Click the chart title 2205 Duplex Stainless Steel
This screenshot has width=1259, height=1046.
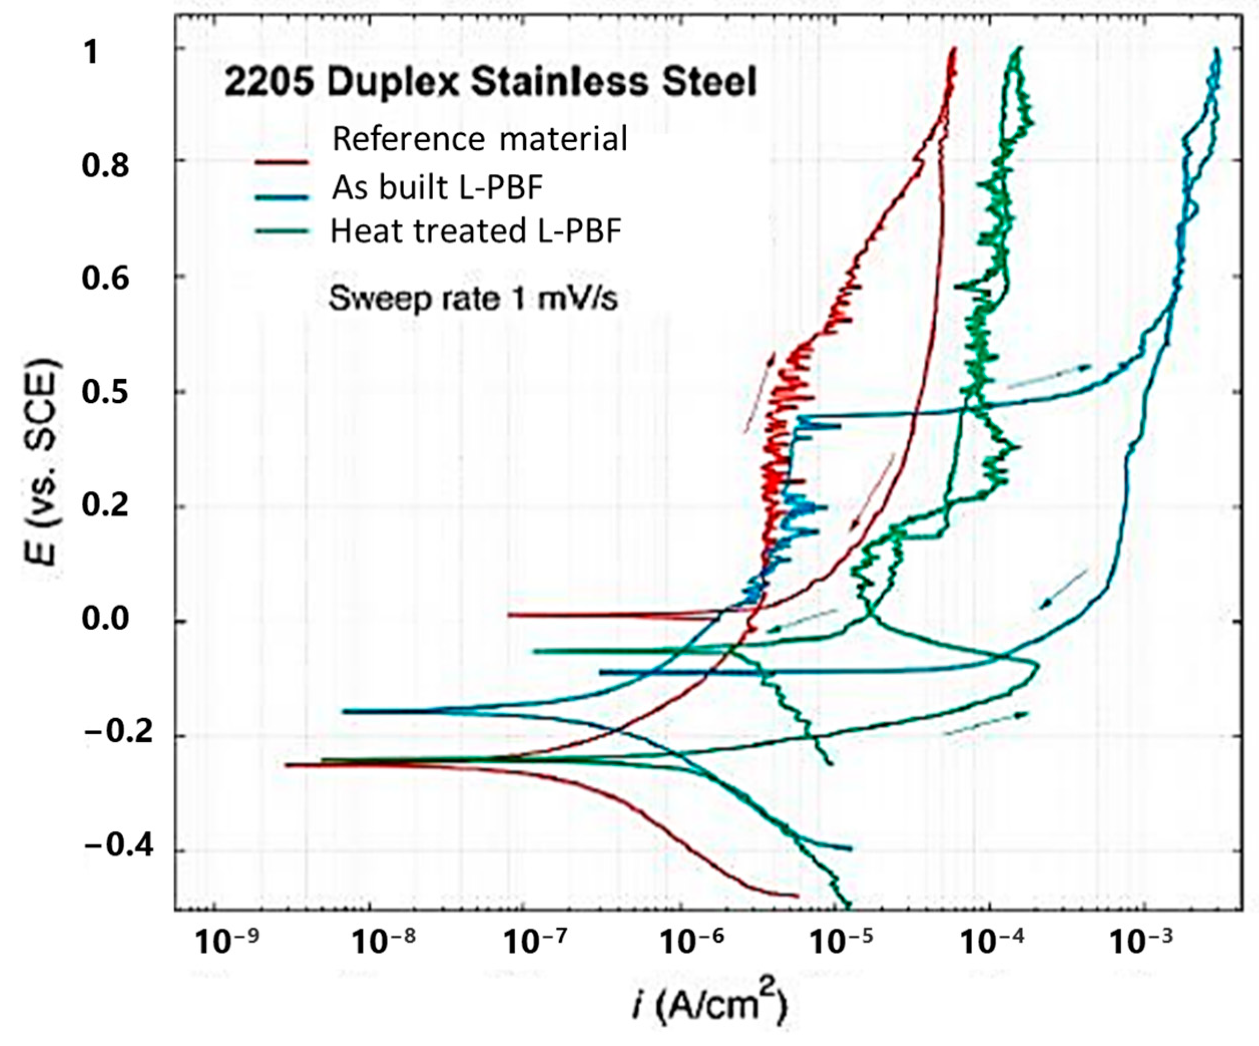click(x=490, y=82)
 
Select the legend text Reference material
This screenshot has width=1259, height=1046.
click(x=479, y=139)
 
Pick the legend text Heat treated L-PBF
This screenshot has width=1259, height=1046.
click(x=476, y=231)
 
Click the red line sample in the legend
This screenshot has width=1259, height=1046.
click(x=281, y=162)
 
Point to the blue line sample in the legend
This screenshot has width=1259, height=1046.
click(x=281, y=196)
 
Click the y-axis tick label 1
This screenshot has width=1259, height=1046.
click(x=91, y=53)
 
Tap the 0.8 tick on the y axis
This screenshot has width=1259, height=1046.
click(x=105, y=165)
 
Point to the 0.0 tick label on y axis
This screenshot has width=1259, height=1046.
click(x=105, y=618)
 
